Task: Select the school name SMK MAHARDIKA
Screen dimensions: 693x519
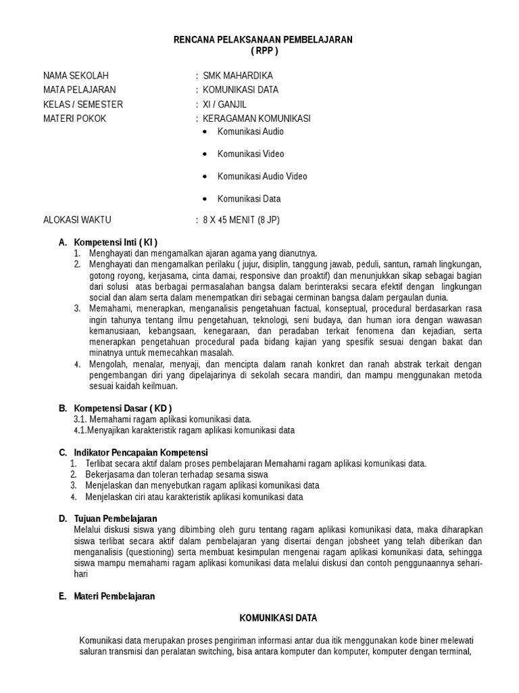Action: point(238,75)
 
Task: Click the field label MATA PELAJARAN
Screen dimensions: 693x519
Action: point(79,89)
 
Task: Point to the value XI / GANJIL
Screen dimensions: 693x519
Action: point(225,104)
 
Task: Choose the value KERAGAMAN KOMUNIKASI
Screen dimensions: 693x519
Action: point(257,118)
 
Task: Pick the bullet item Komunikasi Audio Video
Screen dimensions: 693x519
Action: point(262,177)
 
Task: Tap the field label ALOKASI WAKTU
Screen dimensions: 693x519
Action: point(77,220)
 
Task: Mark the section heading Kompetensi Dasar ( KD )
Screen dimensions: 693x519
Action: point(122,408)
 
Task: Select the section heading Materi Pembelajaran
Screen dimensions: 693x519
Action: point(114,596)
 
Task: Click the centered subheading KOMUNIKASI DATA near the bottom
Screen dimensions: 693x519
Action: point(279,618)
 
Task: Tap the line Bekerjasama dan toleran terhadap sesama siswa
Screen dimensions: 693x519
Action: point(167,474)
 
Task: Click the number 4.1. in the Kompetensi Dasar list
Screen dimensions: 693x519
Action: point(81,430)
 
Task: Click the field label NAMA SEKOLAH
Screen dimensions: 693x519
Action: point(76,75)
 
